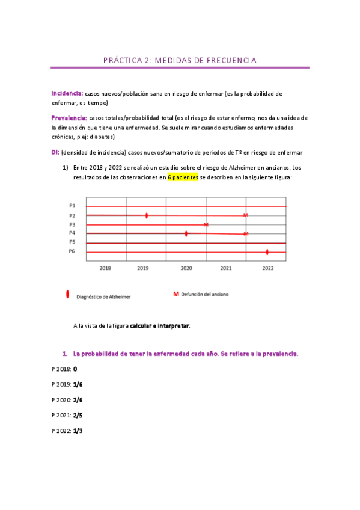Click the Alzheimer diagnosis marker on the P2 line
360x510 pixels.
[147, 215]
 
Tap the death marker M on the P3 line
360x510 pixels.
[206, 224]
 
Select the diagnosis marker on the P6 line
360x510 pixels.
[267, 251]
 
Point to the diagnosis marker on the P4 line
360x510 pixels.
[186, 233]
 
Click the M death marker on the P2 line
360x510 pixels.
[245, 215]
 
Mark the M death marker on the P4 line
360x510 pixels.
[246, 233]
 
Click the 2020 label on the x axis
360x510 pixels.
[186, 268]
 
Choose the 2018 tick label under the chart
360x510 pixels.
[105, 268]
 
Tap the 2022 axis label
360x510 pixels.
[267, 268]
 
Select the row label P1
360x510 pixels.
[72, 206]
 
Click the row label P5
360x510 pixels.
[72, 242]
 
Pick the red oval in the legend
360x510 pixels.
[67, 295]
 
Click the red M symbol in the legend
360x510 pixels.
[176, 294]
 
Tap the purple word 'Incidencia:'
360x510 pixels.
[67, 94]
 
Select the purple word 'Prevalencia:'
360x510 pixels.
[69, 118]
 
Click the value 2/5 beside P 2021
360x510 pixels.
[78, 415]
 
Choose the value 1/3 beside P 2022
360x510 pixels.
[78, 431]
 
